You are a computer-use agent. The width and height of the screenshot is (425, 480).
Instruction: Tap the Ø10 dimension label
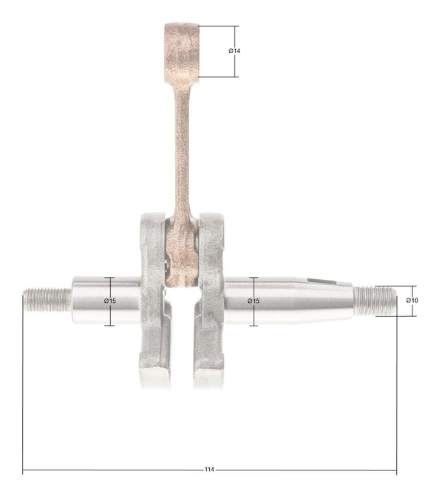[412, 300]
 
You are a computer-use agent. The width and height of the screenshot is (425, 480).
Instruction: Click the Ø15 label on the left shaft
[109, 301]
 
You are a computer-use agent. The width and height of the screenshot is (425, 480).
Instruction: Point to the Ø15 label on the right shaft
[254, 301]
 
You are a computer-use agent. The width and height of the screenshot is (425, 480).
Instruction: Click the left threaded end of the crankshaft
[47, 300]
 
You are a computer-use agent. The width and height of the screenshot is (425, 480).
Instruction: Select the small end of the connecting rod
[181, 49]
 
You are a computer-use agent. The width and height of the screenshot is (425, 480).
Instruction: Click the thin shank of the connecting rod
[182, 148]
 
